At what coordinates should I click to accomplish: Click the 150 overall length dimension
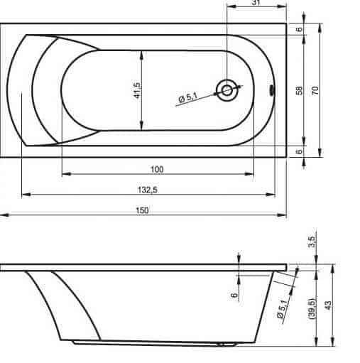click(143, 210)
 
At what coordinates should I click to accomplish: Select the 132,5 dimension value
click(148, 190)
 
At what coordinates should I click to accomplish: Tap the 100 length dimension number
click(157, 170)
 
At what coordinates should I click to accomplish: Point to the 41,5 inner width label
click(137, 90)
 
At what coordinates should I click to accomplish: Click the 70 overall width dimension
click(315, 90)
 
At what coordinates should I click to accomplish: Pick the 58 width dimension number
click(299, 90)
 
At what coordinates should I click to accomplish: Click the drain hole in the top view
click(227, 90)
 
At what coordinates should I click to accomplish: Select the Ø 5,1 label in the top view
click(188, 97)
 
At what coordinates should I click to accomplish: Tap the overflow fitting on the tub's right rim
click(272, 91)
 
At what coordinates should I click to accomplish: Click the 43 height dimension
click(328, 305)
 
